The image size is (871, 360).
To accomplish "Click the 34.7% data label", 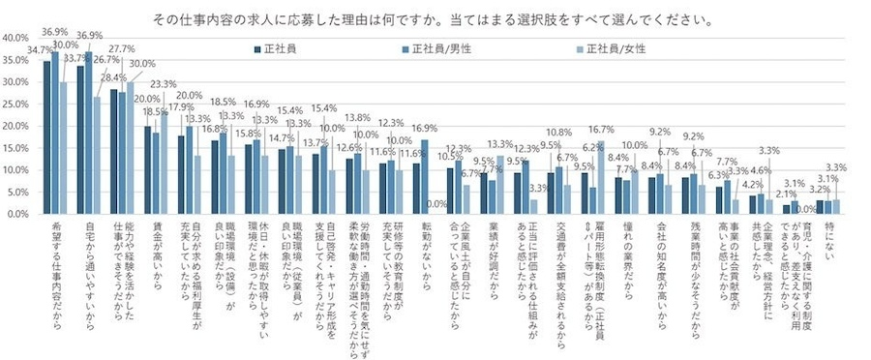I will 40,49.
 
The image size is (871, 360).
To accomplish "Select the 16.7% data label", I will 601,129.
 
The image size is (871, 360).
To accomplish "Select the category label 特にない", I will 826,237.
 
